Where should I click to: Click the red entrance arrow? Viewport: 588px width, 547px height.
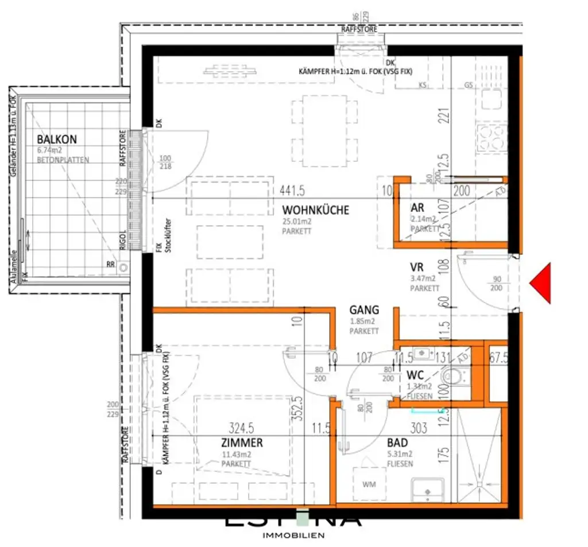[541, 283]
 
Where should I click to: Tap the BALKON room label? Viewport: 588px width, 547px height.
[57, 139]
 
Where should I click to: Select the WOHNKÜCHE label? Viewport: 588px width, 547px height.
[315, 211]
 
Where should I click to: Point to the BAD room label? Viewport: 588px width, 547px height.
[397, 443]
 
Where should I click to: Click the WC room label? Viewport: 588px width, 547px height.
[415, 375]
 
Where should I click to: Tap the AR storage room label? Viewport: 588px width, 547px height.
[417, 207]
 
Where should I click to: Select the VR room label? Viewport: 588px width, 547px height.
[417, 267]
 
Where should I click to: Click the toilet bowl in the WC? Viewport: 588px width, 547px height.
[454, 377]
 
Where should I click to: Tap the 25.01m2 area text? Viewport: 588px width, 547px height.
[297, 222]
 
